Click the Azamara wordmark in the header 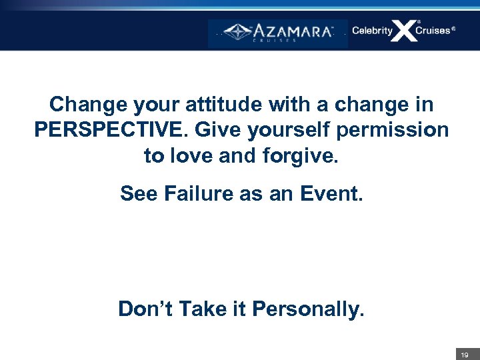[294, 31]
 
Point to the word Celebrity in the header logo [372, 31]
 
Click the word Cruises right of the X [434, 31]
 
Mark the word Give [217, 129]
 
